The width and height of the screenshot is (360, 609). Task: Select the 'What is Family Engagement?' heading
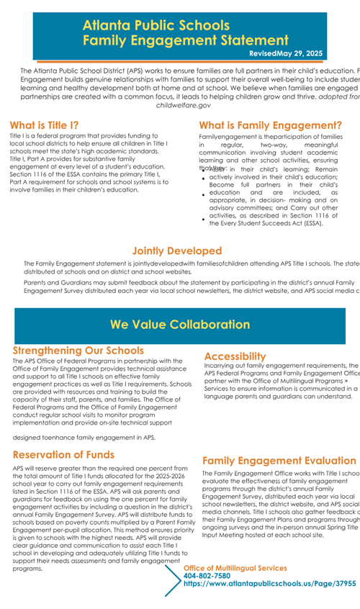click(x=270, y=125)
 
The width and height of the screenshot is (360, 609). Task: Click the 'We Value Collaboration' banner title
click(x=179, y=325)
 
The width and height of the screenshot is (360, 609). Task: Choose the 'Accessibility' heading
click(x=235, y=356)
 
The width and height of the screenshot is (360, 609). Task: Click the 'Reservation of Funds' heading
click(x=63, y=454)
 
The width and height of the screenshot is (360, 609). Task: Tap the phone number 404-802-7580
click(x=207, y=576)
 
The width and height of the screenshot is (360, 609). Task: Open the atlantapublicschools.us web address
click(x=269, y=585)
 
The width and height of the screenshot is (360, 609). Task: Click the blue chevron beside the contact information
click(x=173, y=579)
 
